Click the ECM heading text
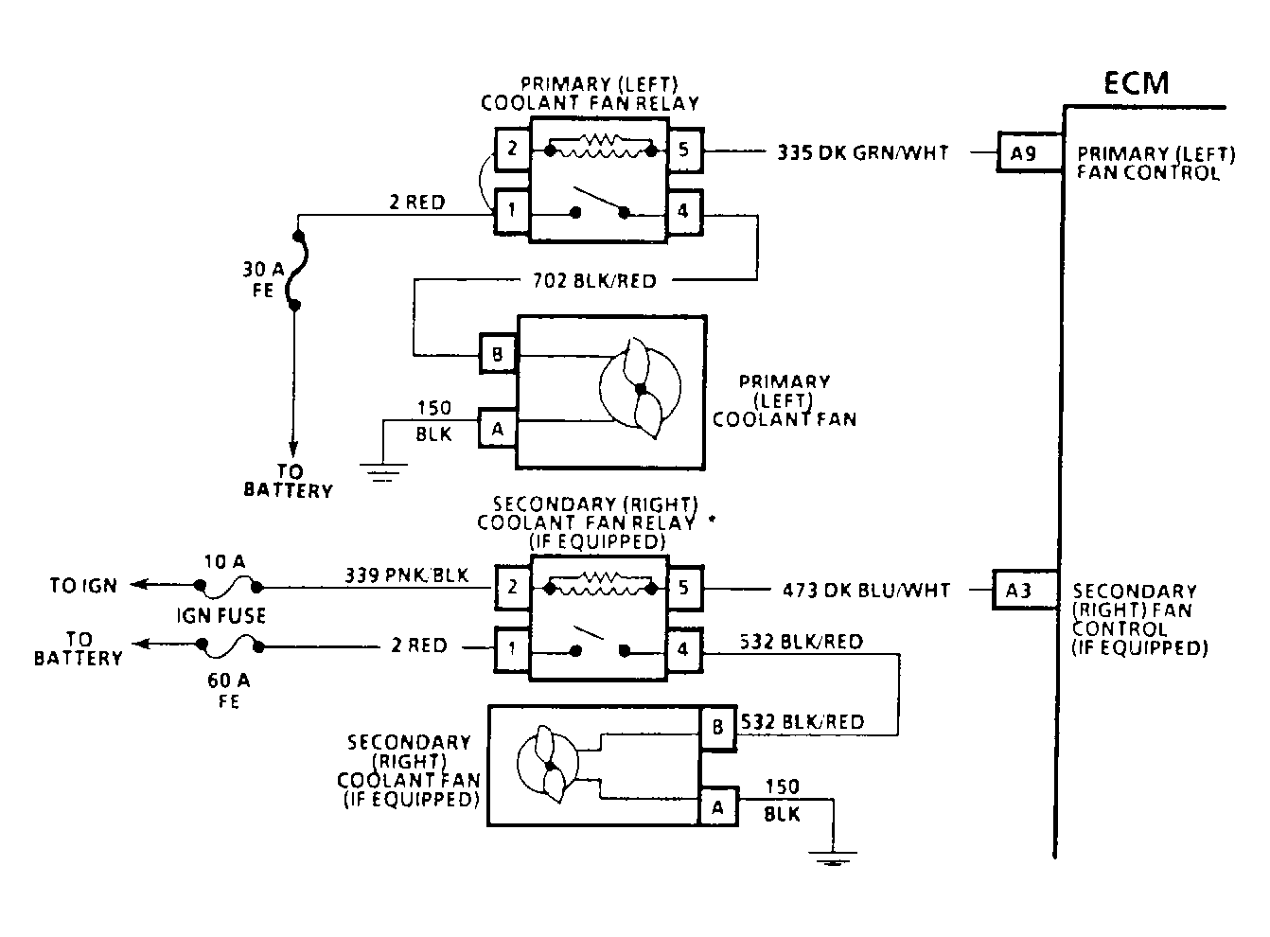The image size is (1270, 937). click(x=1137, y=82)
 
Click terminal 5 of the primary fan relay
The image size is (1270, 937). click(x=685, y=150)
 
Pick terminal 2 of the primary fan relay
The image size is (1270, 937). click(x=513, y=150)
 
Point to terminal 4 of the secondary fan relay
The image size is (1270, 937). click(x=684, y=649)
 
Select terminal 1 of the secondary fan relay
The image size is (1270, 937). click(x=513, y=649)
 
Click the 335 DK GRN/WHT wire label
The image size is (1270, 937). click(x=862, y=152)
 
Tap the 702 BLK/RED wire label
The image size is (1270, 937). click(x=594, y=281)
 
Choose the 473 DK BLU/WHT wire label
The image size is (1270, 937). click(x=866, y=591)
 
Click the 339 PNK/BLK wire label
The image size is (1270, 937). click(x=407, y=575)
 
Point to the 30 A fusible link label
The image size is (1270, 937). click(x=263, y=279)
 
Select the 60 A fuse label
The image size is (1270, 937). click(x=228, y=690)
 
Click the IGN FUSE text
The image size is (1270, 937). click(x=221, y=615)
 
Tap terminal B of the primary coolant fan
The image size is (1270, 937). click(x=498, y=355)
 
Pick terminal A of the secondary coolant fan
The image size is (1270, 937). click(x=718, y=807)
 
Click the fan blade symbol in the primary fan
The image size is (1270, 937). click(x=641, y=389)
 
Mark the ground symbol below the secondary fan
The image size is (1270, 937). click(x=832, y=857)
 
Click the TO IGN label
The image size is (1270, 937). click(x=83, y=585)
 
